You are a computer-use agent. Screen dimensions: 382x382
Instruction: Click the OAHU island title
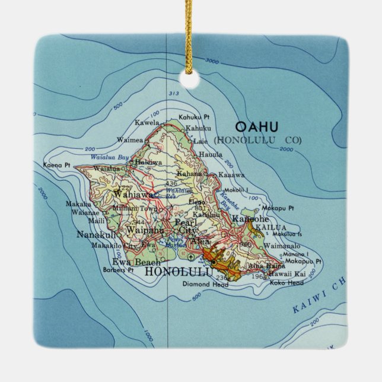(256, 127)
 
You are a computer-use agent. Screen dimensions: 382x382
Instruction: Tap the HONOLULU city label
(179, 272)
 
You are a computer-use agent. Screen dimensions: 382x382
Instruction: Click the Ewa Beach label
(136, 262)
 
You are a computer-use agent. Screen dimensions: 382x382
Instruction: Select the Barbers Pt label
(118, 270)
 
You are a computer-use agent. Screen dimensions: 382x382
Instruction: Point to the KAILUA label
(272, 227)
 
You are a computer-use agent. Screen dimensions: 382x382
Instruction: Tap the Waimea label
(130, 140)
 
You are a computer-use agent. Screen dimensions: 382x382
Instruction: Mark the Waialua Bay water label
(109, 157)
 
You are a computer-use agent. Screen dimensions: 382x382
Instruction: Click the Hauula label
(211, 154)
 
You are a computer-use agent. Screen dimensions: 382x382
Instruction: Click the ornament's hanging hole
(190, 79)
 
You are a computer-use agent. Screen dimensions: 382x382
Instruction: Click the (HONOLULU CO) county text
(258, 140)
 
